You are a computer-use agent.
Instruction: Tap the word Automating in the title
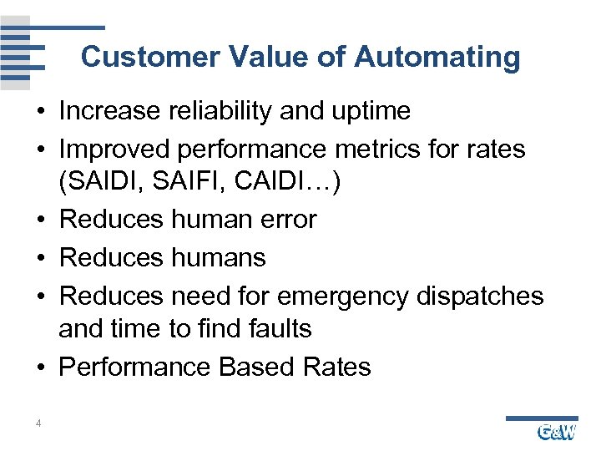437,58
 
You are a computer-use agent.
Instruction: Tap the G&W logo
556,431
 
